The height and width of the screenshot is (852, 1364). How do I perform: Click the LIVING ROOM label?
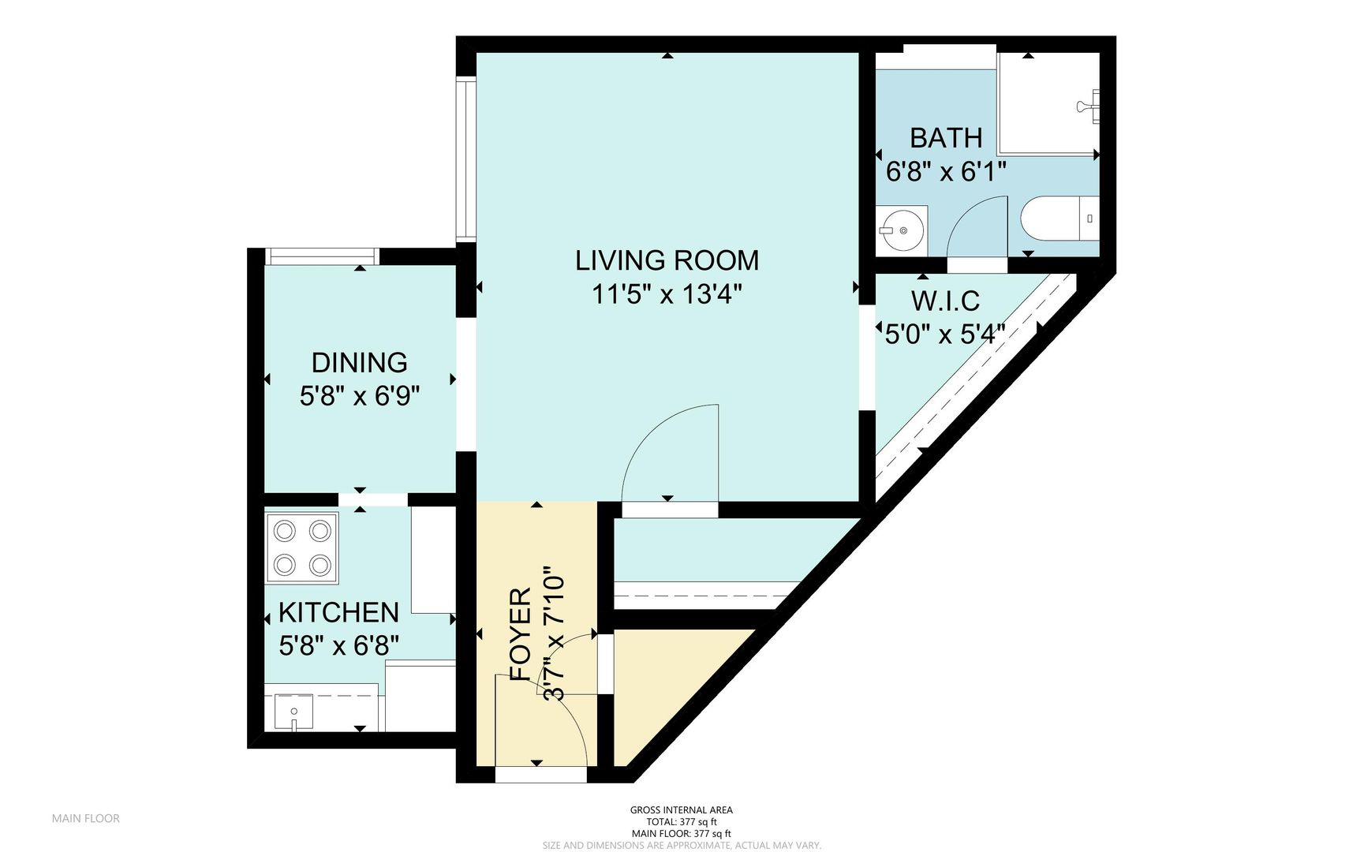tap(667, 260)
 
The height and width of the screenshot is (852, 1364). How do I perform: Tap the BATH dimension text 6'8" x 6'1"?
tap(946, 171)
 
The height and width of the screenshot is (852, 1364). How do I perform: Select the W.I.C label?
tap(945, 301)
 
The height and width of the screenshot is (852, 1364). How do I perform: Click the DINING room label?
tap(359, 363)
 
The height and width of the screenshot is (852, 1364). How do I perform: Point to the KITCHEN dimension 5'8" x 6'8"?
tap(339, 646)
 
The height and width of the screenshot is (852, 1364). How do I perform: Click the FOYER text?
tap(521, 635)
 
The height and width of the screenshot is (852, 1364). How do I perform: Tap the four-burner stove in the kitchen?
tap(301, 547)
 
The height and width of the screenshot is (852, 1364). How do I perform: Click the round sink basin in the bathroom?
tap(901, 231)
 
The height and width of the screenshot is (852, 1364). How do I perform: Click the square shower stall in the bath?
tap(1047, 103)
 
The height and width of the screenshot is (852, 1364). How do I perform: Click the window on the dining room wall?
tap(321, 256)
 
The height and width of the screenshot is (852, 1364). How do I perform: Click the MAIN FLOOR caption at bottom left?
tap(85, 818)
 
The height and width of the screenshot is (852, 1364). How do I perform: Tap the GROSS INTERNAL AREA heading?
tap(681, 809)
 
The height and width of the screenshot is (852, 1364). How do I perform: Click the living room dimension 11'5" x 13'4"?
tap(667, 295)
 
